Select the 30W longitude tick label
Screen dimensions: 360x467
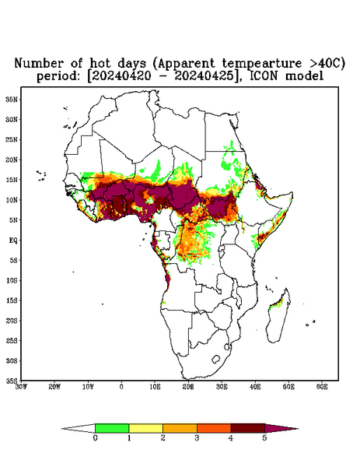(22, 387)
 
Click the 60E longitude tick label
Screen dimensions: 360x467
(322, 387)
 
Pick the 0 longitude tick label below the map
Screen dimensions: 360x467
(121, 387)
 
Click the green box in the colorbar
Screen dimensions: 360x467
(112, 428)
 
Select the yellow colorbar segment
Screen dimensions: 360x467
(145, 428)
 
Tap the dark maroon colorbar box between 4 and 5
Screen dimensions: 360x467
(248, 428)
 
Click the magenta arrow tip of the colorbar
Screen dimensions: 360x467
(281, 428)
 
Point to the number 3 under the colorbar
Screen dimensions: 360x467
(197, 438)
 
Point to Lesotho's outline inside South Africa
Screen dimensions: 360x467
(215, 359)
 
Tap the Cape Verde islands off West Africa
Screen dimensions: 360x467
(41, 175)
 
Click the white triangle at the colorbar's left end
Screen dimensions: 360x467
(79, 428)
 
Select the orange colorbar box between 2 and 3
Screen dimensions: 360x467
(180, 428)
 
